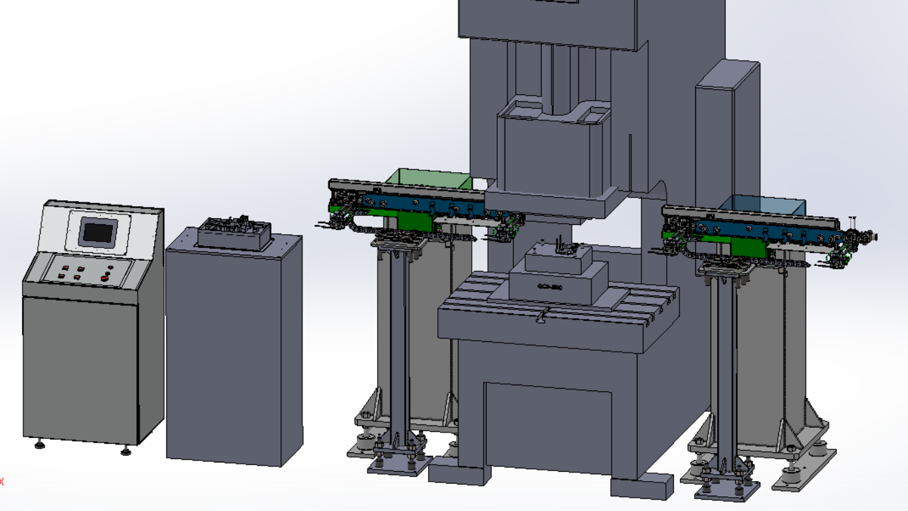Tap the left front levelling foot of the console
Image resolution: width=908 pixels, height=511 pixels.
pos(39,443)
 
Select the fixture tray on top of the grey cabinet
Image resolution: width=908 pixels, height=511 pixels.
pos(235,234)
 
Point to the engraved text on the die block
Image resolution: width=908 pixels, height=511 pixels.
pos(550,287)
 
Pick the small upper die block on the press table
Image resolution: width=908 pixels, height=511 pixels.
pos(557,258)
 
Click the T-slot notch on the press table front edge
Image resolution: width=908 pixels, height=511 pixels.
pos(544,317)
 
